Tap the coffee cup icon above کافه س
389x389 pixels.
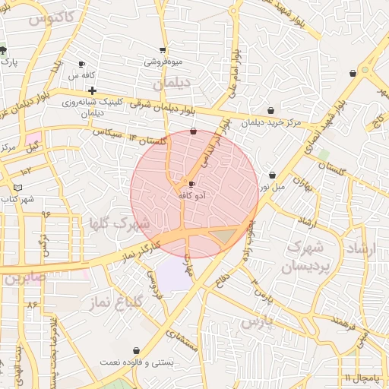(82, 65)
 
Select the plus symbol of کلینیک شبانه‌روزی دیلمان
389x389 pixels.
(92, 90)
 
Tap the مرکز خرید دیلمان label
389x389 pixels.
(271, 122)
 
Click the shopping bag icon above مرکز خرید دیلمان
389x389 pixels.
(271, 111)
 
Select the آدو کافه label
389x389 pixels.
(192, 195)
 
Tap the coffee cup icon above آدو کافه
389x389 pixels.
(191, 184)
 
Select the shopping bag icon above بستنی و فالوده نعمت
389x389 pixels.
(136, 350)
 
